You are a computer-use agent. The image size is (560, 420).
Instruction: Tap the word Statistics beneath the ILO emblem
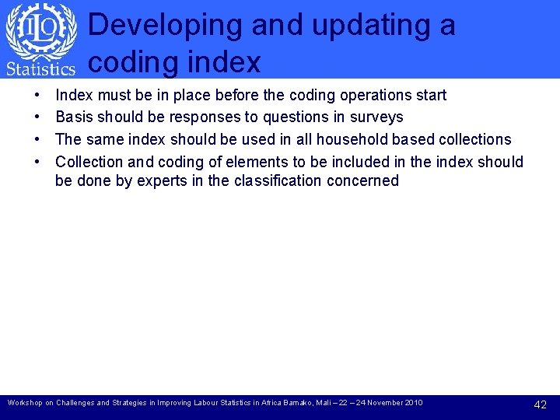40,68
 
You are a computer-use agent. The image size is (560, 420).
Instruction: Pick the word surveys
377,117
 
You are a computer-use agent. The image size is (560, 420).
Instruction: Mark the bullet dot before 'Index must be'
38,96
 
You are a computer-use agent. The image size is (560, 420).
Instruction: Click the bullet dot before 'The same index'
38,140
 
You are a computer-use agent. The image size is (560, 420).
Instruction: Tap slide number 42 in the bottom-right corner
541,404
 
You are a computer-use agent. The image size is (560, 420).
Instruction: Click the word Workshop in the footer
23,403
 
